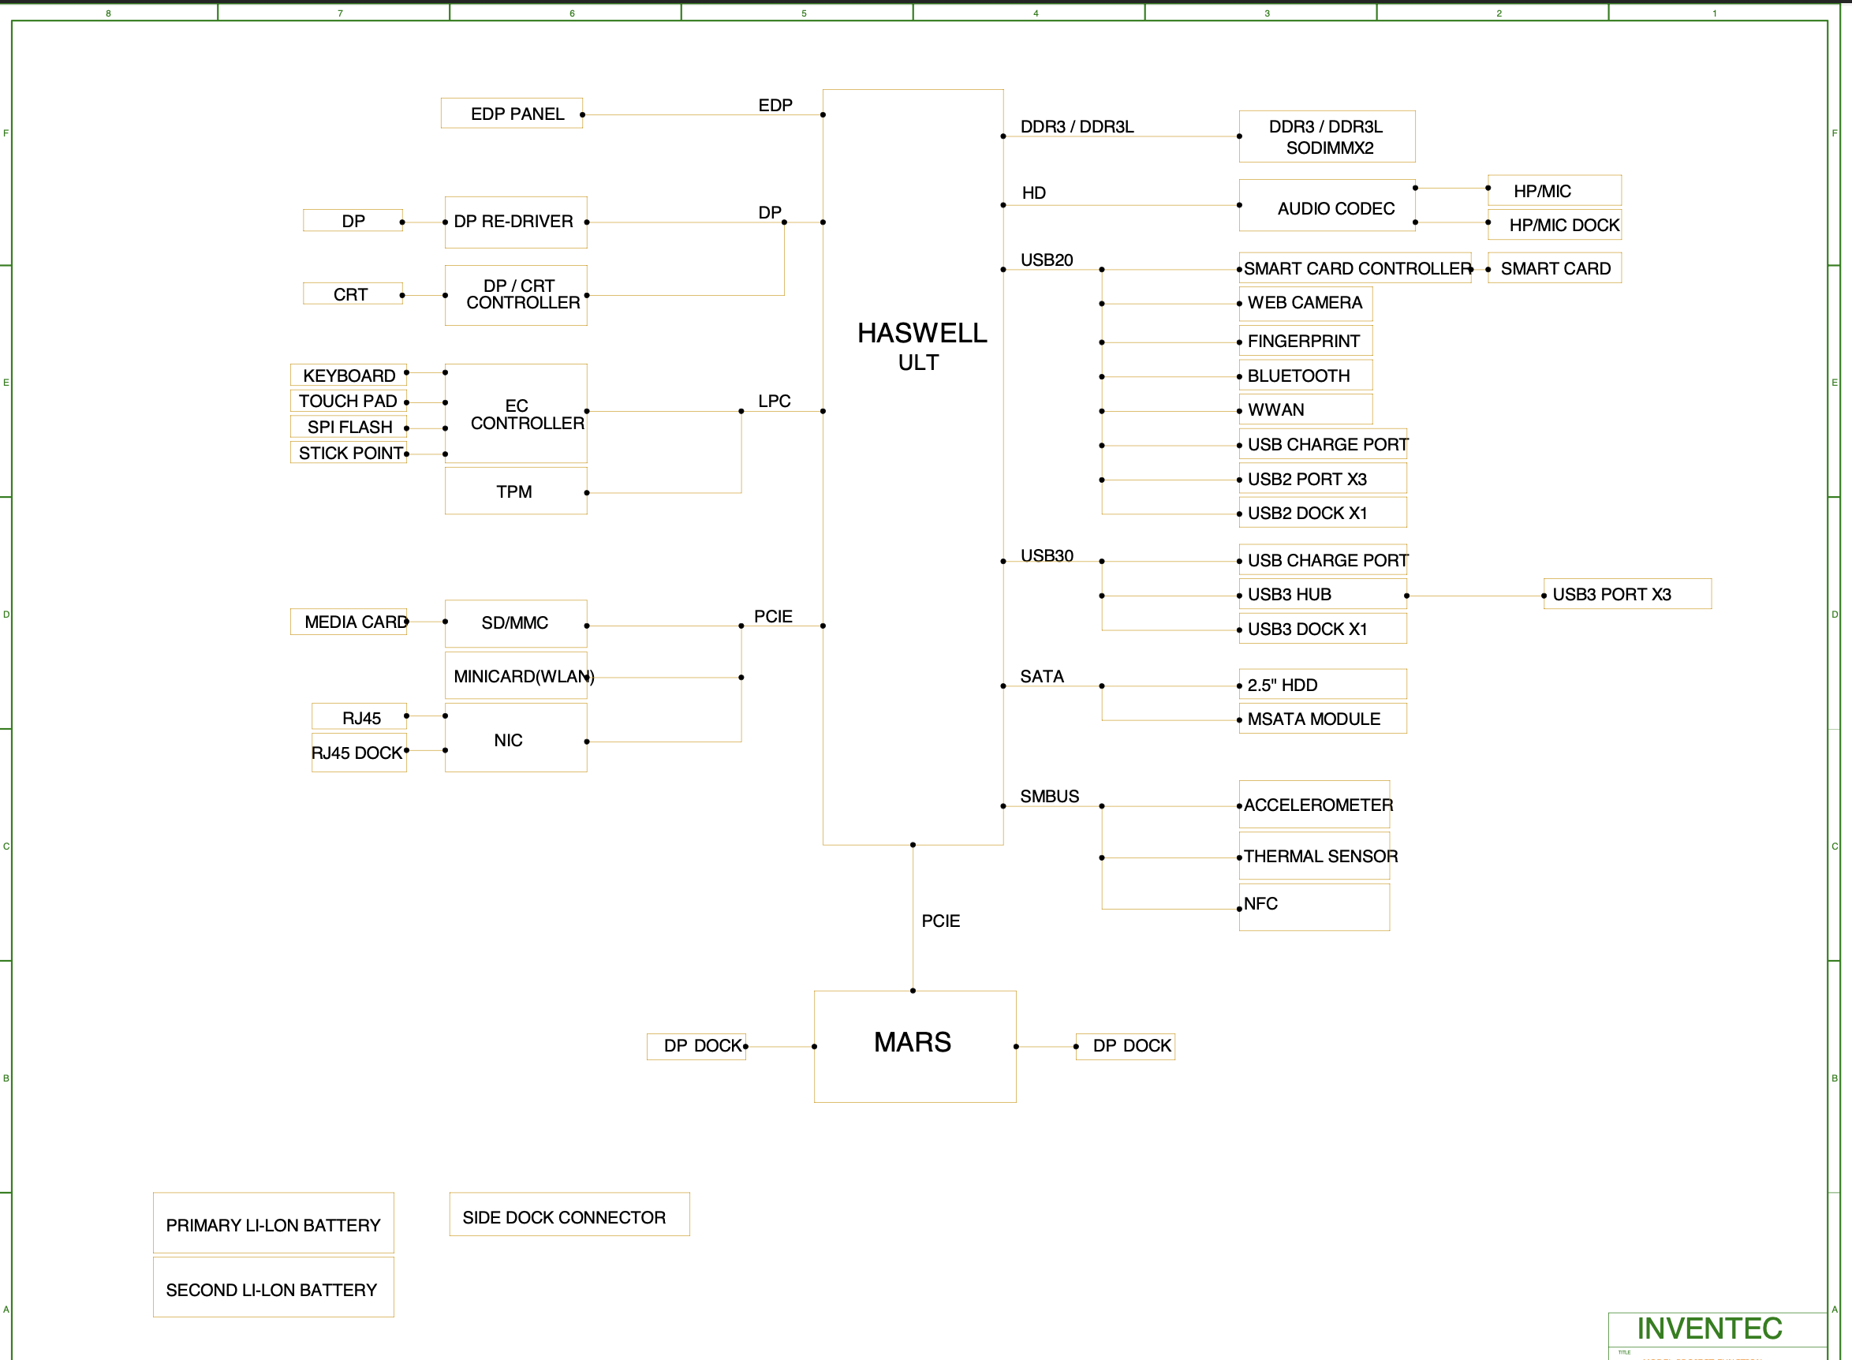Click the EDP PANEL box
click(x=512, y=114)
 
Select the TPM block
click(x=515, y=491)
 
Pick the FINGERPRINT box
click(x=1305, y=341)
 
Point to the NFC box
click(x=1314, y=906)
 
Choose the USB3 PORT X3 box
click(x=1626, y=593)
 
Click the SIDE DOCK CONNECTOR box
click(x=569, y=1215)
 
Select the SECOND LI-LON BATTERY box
click(x=273, y=1287)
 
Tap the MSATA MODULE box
click(x=1322, y=719)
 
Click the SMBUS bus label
click(x=1048, y=796)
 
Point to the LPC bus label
click(x=774, y=401)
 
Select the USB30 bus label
click(x=1046, y=555)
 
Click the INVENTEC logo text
click(x=1708, y=1328)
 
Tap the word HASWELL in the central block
click(x=922, y=333)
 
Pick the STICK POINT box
click(x=349, y=453)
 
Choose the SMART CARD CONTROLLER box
click(x=1355, y=268)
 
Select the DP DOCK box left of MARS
click(x=696, y=1045)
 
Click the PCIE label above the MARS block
click(x=940, y=921)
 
